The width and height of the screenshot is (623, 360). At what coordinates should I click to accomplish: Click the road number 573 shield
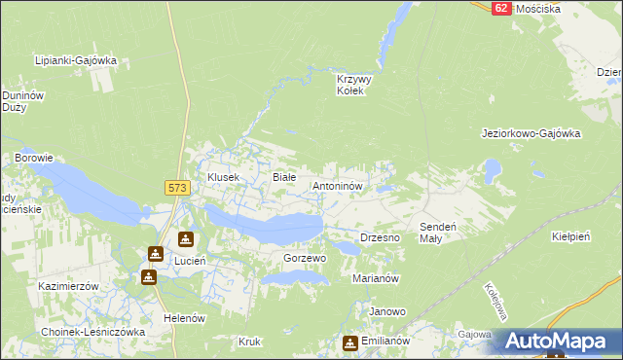tap(176, 189)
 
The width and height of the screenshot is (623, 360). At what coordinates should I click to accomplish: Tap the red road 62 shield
tap(501, 7)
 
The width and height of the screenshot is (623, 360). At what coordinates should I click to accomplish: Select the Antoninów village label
tap(337, 185)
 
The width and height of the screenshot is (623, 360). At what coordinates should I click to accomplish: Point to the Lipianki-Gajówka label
tap(75, 60)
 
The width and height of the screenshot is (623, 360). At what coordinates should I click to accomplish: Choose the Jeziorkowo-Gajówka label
tap(531, 134)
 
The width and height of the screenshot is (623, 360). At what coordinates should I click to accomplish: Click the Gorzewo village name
tap(304, 259)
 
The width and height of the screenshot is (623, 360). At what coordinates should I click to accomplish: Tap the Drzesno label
tap(381, 237)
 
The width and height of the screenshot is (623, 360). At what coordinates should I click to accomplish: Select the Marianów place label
tap(377, 278)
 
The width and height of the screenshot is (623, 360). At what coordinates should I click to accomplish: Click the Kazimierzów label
tap(69, 287)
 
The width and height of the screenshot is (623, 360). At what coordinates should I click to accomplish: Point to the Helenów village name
tap(184, 318)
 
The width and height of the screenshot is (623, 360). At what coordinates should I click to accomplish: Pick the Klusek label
tap(223, 177)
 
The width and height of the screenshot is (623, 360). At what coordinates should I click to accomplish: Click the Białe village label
tap(283, 177)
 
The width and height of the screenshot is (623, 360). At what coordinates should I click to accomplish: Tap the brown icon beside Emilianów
tap(349, 342)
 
